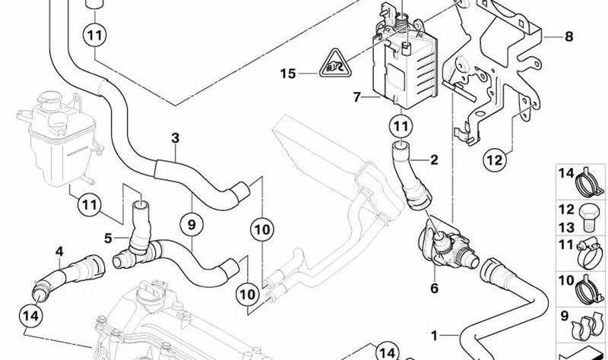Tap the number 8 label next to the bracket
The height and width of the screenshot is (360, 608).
coord(568,36)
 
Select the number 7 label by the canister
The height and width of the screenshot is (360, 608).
coord(356,97)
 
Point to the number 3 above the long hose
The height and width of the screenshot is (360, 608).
coord(176,138)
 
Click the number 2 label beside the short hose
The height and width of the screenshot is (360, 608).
coord(434,159)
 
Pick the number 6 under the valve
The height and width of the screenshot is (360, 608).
coord(434,288)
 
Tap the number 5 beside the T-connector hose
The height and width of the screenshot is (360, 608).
coord(108,238)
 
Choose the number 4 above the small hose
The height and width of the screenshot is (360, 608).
coord(59,251)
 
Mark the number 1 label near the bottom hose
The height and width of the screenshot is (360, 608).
coord(434,336)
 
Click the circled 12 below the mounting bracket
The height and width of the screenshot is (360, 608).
coord(495,159)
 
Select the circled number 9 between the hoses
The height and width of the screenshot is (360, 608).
coord(192,224)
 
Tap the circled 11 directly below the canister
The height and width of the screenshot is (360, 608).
coord(401,126)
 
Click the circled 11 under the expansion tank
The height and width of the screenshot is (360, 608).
coord(90,204)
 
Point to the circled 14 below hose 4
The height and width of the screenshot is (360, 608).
coord(30,316)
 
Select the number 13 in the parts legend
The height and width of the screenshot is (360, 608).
coord(566,227)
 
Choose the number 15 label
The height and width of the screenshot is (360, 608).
coord(288,73)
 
